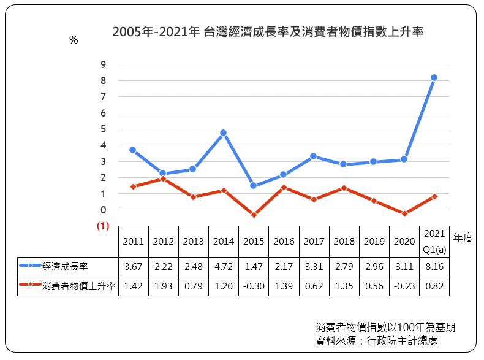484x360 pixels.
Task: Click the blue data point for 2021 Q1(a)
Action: pyautogui.click(x=434, y=77)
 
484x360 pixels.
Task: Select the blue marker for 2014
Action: pyautogui.click(x=223, y=133)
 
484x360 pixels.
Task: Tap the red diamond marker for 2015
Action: pyautogui.click(x=254, y=215)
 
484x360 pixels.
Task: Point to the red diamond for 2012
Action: pyautogui.click(x=164, y=178)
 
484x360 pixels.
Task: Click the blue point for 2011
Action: pyautogui.click(x=133, y=150)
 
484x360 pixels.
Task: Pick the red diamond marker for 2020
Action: pyautogui.click(x=404, y=213)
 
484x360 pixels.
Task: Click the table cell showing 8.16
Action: pyautogui.click(x=434, y=266)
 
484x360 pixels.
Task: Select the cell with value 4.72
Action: pyautogui.click(x=224, y=266)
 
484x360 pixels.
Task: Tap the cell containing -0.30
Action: pyautogui.click(x=254, y=286)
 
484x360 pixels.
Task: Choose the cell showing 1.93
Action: pyautogui.click(x=164, y=286)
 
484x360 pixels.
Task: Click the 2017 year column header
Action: pyautogui.click(x=314, y=242)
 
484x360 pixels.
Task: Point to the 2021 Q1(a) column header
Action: pyautogui.click(x=434, y=242)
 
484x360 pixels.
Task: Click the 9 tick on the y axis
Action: pyautogui.click(x=103, y=64)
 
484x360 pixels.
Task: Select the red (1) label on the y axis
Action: pyautogui.click(x=103, y=226)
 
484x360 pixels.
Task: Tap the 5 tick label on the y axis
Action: pyautogui.click(x=103, y=129)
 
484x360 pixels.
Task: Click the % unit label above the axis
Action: pyautogui.click(x=74, y=40)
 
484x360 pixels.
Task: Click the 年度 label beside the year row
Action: pyautogui.click(x=463, y=237)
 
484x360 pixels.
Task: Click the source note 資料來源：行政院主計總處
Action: pyautogui.click(x=377, y=340)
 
